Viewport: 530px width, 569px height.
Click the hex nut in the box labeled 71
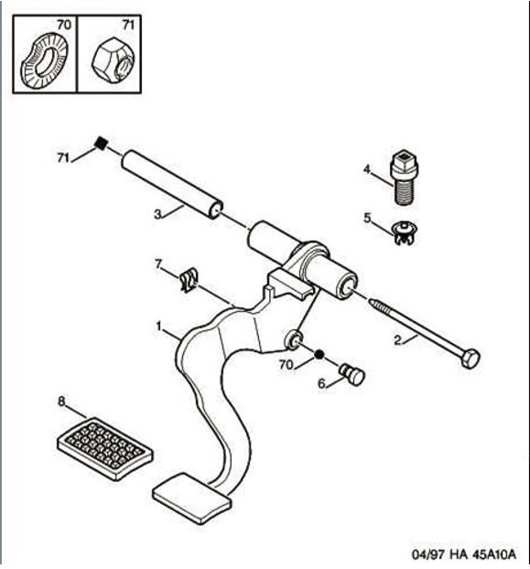113,59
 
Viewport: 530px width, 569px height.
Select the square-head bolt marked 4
404,177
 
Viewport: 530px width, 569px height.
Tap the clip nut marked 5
406,232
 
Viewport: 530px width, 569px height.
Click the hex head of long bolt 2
471,359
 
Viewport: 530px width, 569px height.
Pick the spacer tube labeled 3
172,185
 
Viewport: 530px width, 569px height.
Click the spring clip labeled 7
189,280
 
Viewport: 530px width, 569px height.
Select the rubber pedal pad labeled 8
105,448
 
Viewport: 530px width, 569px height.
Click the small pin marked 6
352,375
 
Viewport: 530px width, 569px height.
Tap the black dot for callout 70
319,354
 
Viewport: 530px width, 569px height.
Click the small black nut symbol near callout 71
101,143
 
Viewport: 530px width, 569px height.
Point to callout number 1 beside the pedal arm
158,327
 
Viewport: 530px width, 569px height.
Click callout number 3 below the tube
157,214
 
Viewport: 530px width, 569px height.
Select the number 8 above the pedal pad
61,402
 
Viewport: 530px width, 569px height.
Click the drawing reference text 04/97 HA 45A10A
463,554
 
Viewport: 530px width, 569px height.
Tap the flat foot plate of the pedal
192,499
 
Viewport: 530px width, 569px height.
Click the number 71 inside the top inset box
128,25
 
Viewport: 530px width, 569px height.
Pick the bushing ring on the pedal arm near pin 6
293,339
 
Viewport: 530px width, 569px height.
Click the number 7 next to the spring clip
158,264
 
